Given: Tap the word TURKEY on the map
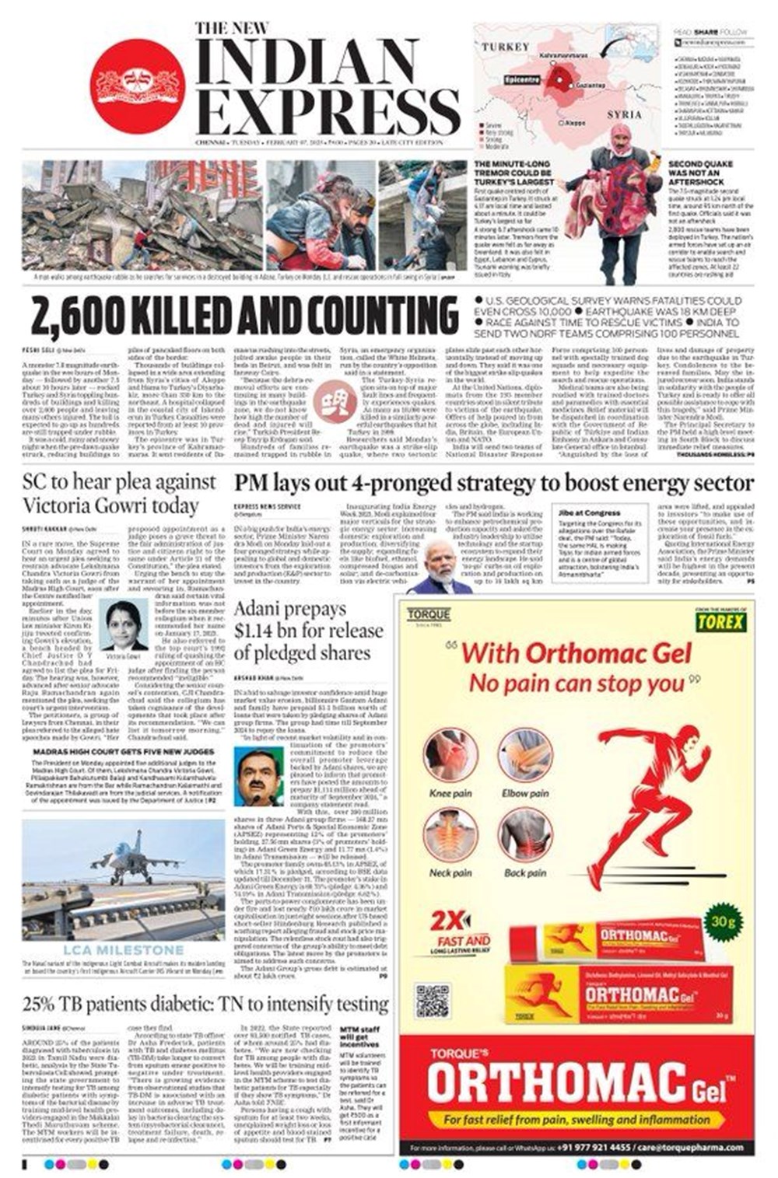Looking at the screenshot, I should click(505, 47).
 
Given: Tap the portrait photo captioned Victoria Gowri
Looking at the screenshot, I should click(123, 625).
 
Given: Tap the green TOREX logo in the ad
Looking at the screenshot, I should click(720, 621).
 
